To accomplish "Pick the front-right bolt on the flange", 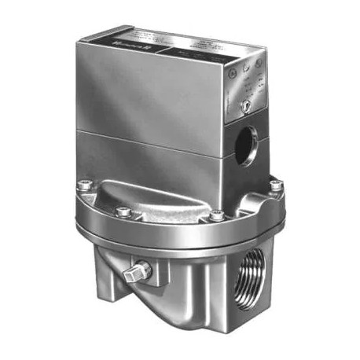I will [216, 214].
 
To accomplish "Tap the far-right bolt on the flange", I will [275, 186].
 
